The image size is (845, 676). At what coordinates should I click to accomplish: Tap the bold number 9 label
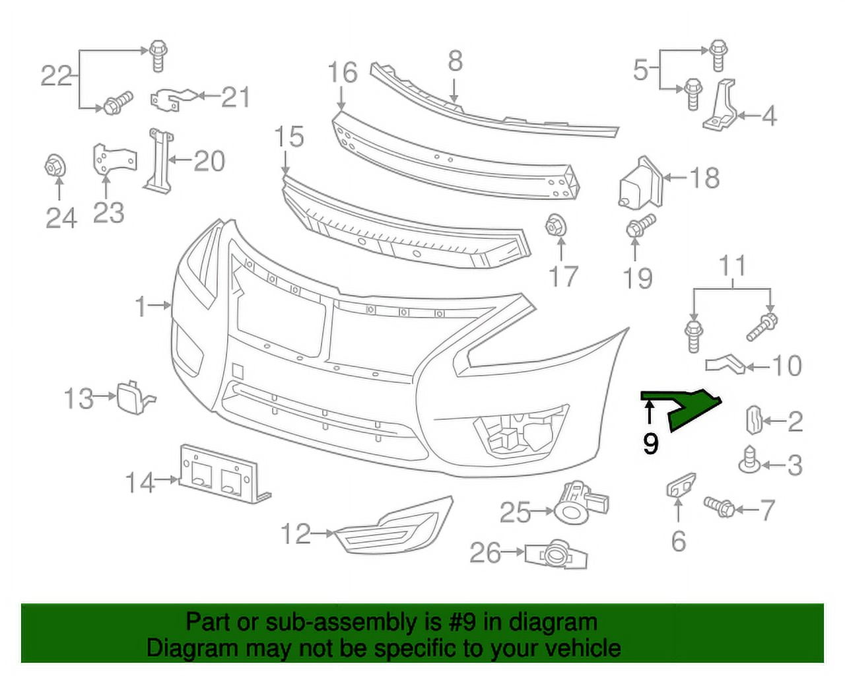650,444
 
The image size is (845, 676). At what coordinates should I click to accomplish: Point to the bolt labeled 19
639,227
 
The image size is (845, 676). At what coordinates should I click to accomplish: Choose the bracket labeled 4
722,106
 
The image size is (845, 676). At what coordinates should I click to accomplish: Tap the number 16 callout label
342,73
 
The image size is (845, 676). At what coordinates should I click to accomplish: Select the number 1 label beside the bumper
140,306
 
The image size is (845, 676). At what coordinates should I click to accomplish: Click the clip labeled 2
754,421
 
